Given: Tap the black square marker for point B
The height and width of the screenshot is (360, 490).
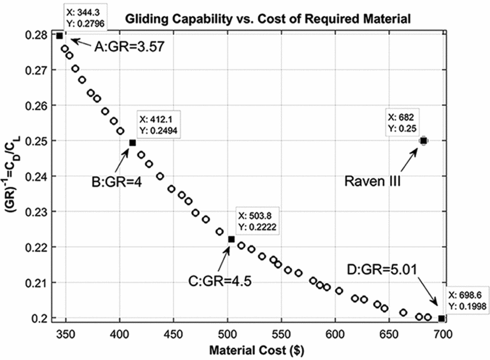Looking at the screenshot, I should (x=132, y=143).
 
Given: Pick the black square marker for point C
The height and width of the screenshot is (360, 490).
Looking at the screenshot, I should (x=231, y=239).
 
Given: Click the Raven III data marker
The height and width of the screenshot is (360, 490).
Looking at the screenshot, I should (x=423, y=141).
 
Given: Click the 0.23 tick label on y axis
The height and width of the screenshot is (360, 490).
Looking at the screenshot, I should (x=39, y=211).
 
